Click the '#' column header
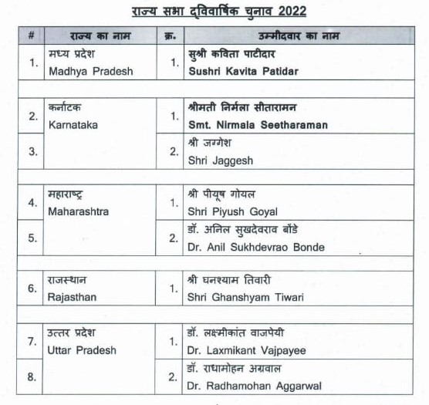pyautogui.click(x=32, y=36)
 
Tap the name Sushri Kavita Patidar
pyautogui.click(x=242, y=71)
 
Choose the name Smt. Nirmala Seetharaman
pyautogui.click(x=258, y=124)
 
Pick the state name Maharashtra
pyautogui.click(x=78, y=211)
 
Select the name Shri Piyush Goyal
pyautogui.click(x=232, y=211)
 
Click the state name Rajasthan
pyautogui.click(x=73, y=297)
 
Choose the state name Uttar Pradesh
pyautogui.click(x=82, y=349)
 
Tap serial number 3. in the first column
pyautogui.click(x=33, y=151)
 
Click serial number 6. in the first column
pyautogui.click(x=32, y=289)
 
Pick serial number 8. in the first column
pyautogui.click(x=33, y=377)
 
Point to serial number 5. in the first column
pyautogui.click(x=33, y=238)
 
